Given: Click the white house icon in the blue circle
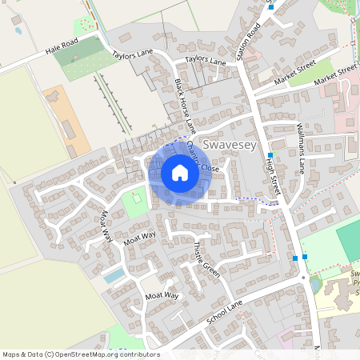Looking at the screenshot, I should click(180, 173).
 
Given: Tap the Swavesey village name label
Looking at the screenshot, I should click(229, 145).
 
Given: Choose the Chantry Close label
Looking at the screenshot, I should click(202, 158).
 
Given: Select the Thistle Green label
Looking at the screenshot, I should click(206, 258).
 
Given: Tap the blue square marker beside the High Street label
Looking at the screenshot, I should click(270, 155).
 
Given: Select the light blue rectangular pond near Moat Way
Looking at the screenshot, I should click(114, 275).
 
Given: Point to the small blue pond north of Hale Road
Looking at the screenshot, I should click(18, 32).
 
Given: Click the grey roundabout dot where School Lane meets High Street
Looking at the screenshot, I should click(305, 277).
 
